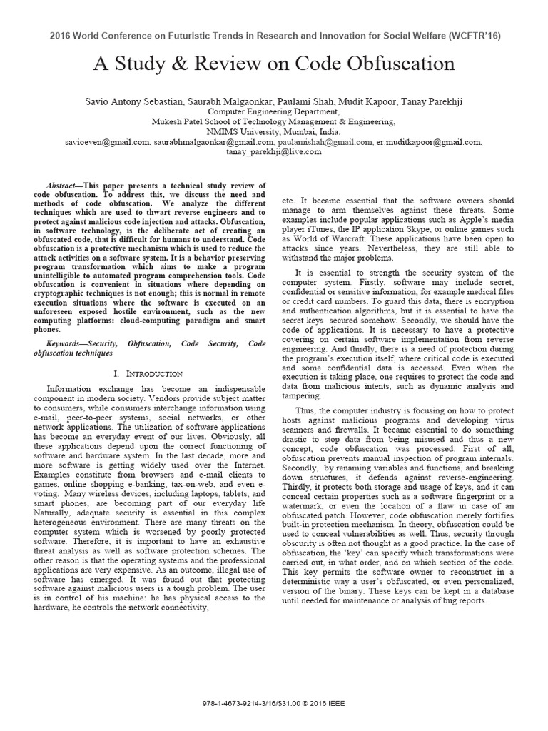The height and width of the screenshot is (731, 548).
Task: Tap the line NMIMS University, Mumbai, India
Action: point(274,132)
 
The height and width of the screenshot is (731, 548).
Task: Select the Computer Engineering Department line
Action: point(274,112)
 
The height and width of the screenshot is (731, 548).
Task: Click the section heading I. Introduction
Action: point(148,373)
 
